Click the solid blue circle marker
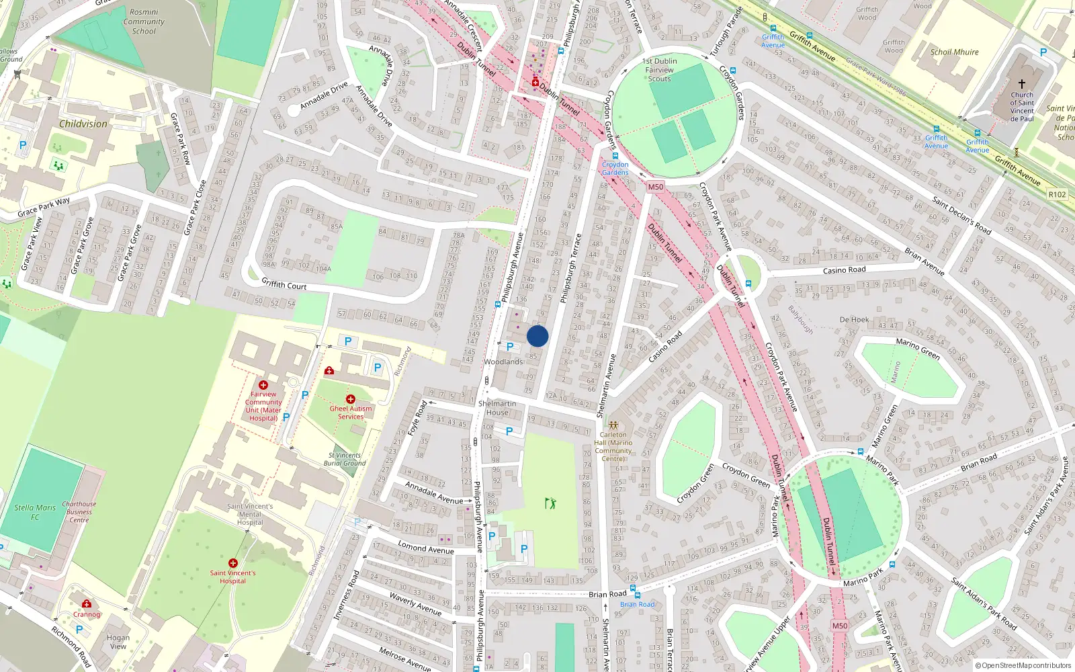click(537, 336)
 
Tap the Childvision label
click(83, 124)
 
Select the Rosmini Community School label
click(144, 22)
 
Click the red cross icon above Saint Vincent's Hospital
click(233, 563)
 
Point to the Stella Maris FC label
click(35, 512)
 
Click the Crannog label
click(87, 614)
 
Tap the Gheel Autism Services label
click(351, 412)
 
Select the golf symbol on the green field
click(551, 503)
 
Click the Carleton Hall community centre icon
click(613, 425)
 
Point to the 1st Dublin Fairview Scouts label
click(660, 70)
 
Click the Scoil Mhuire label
click(954, 52)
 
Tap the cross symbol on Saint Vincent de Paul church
click(1022, 84)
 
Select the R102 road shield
click(1057, 194)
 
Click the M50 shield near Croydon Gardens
click(656, 187)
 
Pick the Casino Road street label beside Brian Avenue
click(845, 270)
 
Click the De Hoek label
click(854, 320)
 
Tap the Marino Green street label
click(918, 348)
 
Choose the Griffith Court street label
click(284, 285)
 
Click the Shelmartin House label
click(497, 408)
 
